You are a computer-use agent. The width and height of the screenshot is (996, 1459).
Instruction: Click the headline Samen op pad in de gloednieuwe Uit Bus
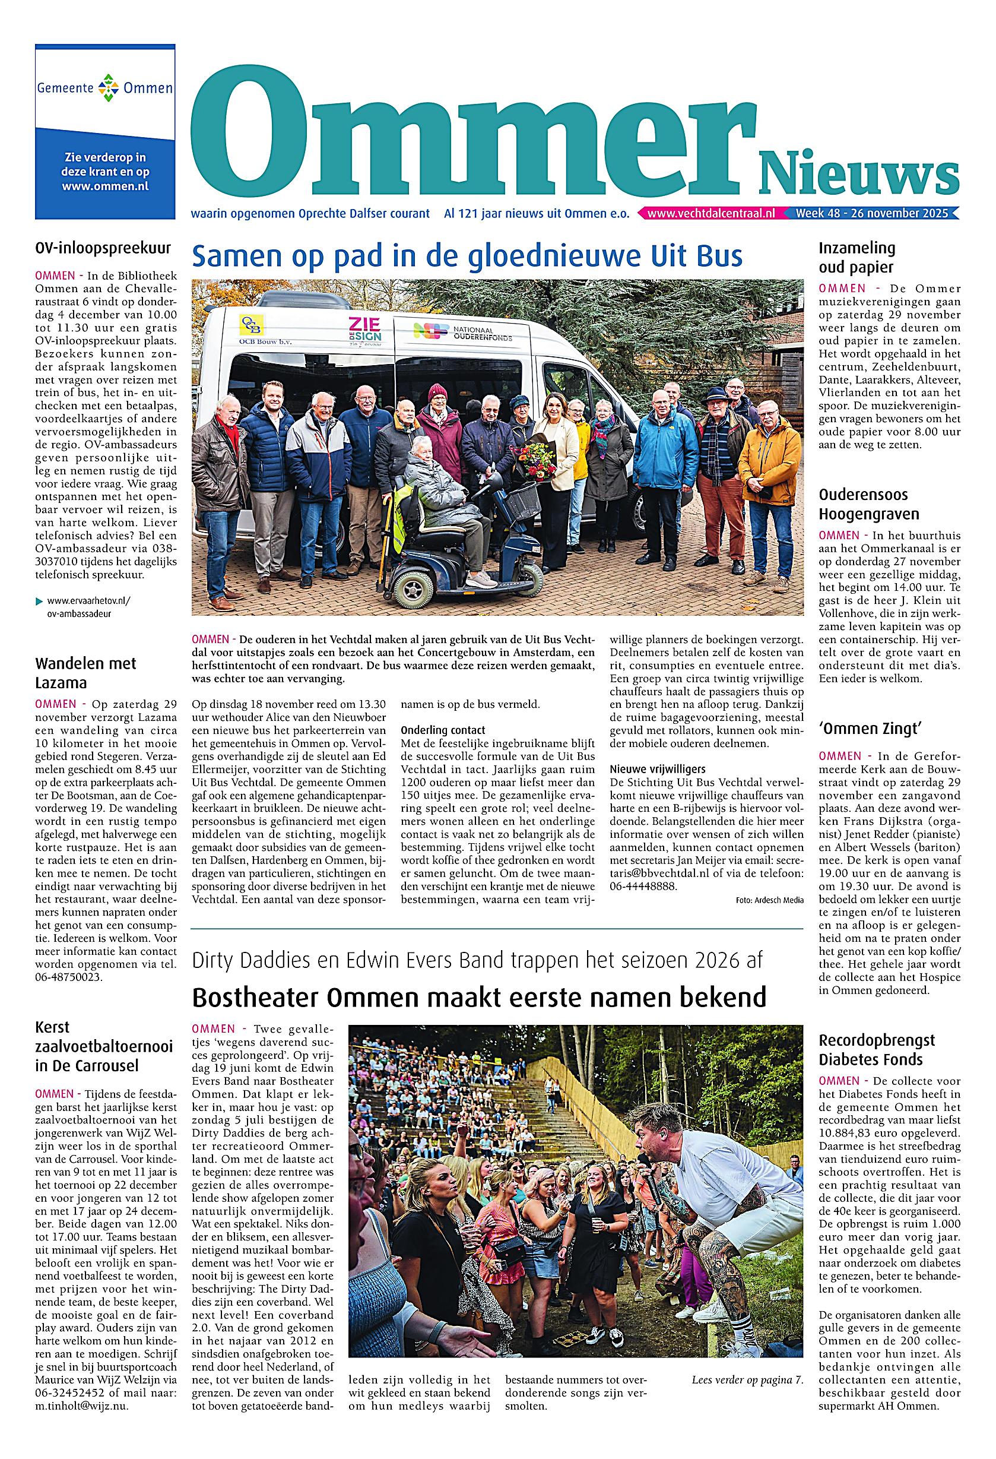[467, 256]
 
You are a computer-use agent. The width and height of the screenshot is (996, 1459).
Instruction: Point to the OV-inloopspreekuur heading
[103, 248]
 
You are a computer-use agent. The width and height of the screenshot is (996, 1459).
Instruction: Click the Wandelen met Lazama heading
[85, 673]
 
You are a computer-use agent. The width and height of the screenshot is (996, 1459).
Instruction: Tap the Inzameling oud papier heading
[856, 257]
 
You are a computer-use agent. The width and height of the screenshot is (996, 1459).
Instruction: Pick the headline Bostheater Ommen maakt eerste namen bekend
[479, 996]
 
